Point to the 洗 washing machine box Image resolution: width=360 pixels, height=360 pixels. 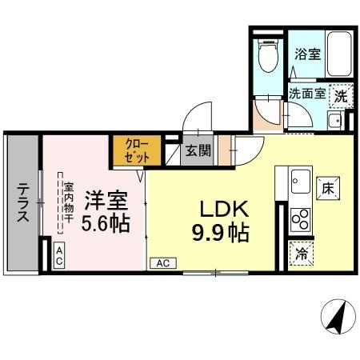341,94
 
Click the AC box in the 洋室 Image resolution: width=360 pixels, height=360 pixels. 60,256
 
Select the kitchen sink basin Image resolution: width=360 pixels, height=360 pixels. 302,180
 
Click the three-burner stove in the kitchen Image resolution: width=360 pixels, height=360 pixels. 302,217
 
